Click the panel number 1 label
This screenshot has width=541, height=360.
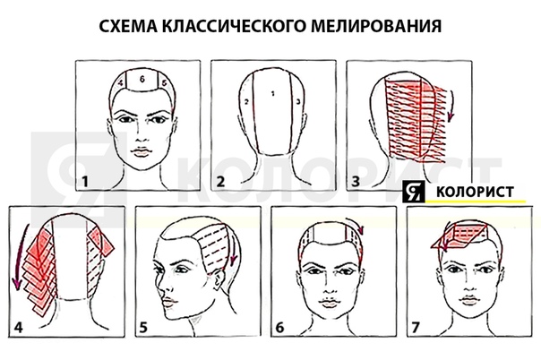point(84,182)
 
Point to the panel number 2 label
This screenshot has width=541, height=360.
point(220,182)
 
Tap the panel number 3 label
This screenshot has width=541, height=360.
point(356,182)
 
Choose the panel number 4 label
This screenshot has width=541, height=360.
point(18,327)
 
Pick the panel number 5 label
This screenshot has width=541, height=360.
point(143,327)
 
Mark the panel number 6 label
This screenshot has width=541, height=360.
point(279,327)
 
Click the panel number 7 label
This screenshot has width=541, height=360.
point(415,327)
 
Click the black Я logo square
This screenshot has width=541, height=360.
point(413,191)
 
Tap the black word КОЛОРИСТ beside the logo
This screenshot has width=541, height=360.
point(475,192)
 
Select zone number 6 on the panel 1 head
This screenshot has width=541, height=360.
point(142,80)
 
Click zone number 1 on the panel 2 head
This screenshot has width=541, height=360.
point(272,93)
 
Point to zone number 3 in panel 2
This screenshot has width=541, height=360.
point(298,101)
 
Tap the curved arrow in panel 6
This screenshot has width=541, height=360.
point(356,224)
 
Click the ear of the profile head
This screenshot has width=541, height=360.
point(219,278)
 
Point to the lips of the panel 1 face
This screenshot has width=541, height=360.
point(141,151)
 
